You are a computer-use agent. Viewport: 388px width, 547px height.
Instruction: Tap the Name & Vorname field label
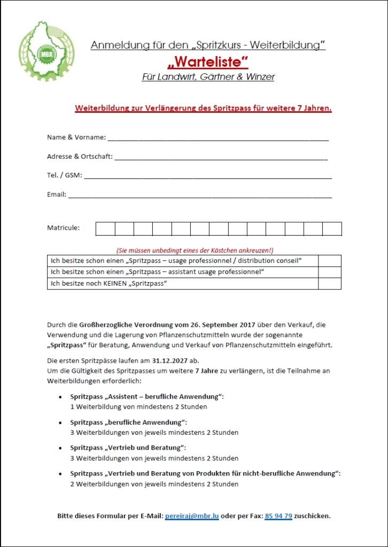76,137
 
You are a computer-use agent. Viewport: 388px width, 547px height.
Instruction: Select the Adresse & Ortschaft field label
80,156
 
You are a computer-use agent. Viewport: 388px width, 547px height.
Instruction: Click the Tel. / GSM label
65,175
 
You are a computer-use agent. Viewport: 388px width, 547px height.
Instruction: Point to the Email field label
57,194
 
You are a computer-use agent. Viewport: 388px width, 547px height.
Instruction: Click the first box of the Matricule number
105,229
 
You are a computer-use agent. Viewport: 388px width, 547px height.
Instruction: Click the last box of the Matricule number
332,229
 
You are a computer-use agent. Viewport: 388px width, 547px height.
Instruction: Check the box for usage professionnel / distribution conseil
329,261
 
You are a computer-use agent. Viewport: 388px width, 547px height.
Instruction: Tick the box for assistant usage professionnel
329,272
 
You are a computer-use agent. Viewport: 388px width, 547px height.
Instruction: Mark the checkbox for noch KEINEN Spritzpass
329,284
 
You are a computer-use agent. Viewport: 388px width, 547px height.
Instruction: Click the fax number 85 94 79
278,516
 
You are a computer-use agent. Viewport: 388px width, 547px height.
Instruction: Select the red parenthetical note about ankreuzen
195,250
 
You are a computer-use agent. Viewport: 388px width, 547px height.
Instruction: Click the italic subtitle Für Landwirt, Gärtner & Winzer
208,77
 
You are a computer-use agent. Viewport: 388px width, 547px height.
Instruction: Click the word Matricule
63,228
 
